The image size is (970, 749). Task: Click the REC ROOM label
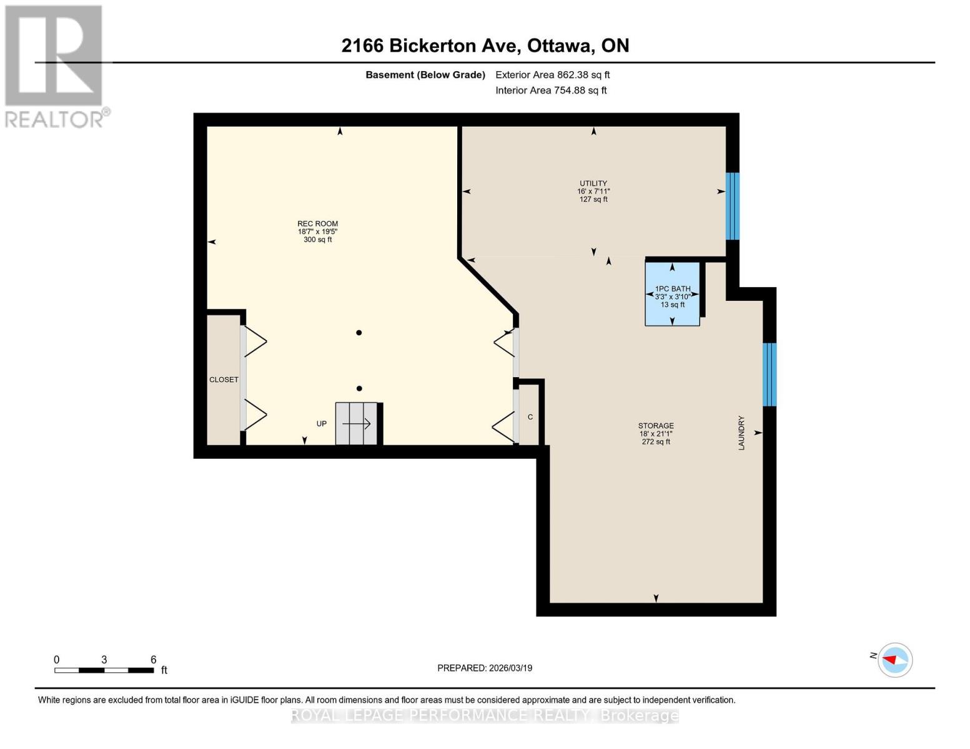click(x=317, y=223)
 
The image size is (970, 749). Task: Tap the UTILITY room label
click(x=593, y=184)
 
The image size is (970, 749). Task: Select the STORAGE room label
click(x=656, y=426)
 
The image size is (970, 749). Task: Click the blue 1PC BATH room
click(x=672, y=294)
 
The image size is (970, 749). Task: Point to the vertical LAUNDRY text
click(x=741, y=433)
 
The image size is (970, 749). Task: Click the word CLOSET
click(x=224, y=379)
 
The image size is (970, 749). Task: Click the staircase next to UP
click(x=357, y=424)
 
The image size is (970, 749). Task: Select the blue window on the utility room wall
click(x=733, y=206)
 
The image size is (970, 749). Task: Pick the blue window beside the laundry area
click(x=770, y=374)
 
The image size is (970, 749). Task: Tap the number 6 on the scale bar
click(x=154, y=659)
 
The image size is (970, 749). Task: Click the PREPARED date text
click(x=485, y=668)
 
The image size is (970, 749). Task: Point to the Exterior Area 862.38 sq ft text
click(x=553, y=75)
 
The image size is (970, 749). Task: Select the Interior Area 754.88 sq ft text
click(x=552, y=90)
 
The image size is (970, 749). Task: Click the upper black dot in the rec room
click(x=359, y=333)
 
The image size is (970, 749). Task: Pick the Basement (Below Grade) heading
click(x=425, y=75)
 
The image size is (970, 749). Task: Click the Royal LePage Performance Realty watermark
click(x=485, y=715)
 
